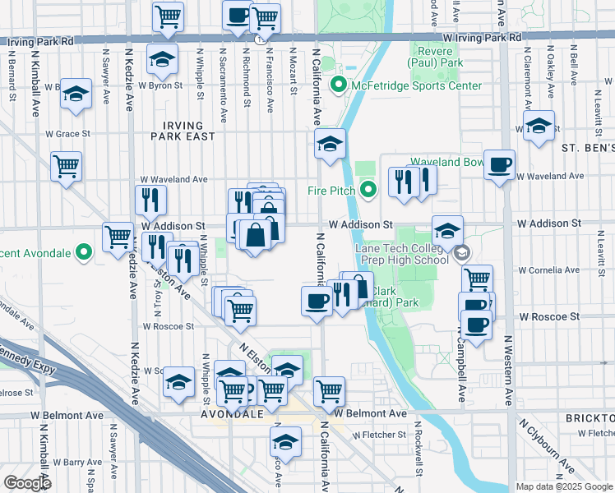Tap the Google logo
[27, 483]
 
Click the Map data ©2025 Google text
[564, 486]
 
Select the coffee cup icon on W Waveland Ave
[499, 165]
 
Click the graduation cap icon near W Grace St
[539, 127]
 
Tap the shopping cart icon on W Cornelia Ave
[477, 279]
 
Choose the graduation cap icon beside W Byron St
[162, 58]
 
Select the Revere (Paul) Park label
[437, 57]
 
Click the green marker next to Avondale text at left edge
[82, 251]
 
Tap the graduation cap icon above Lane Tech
[448, 230]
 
